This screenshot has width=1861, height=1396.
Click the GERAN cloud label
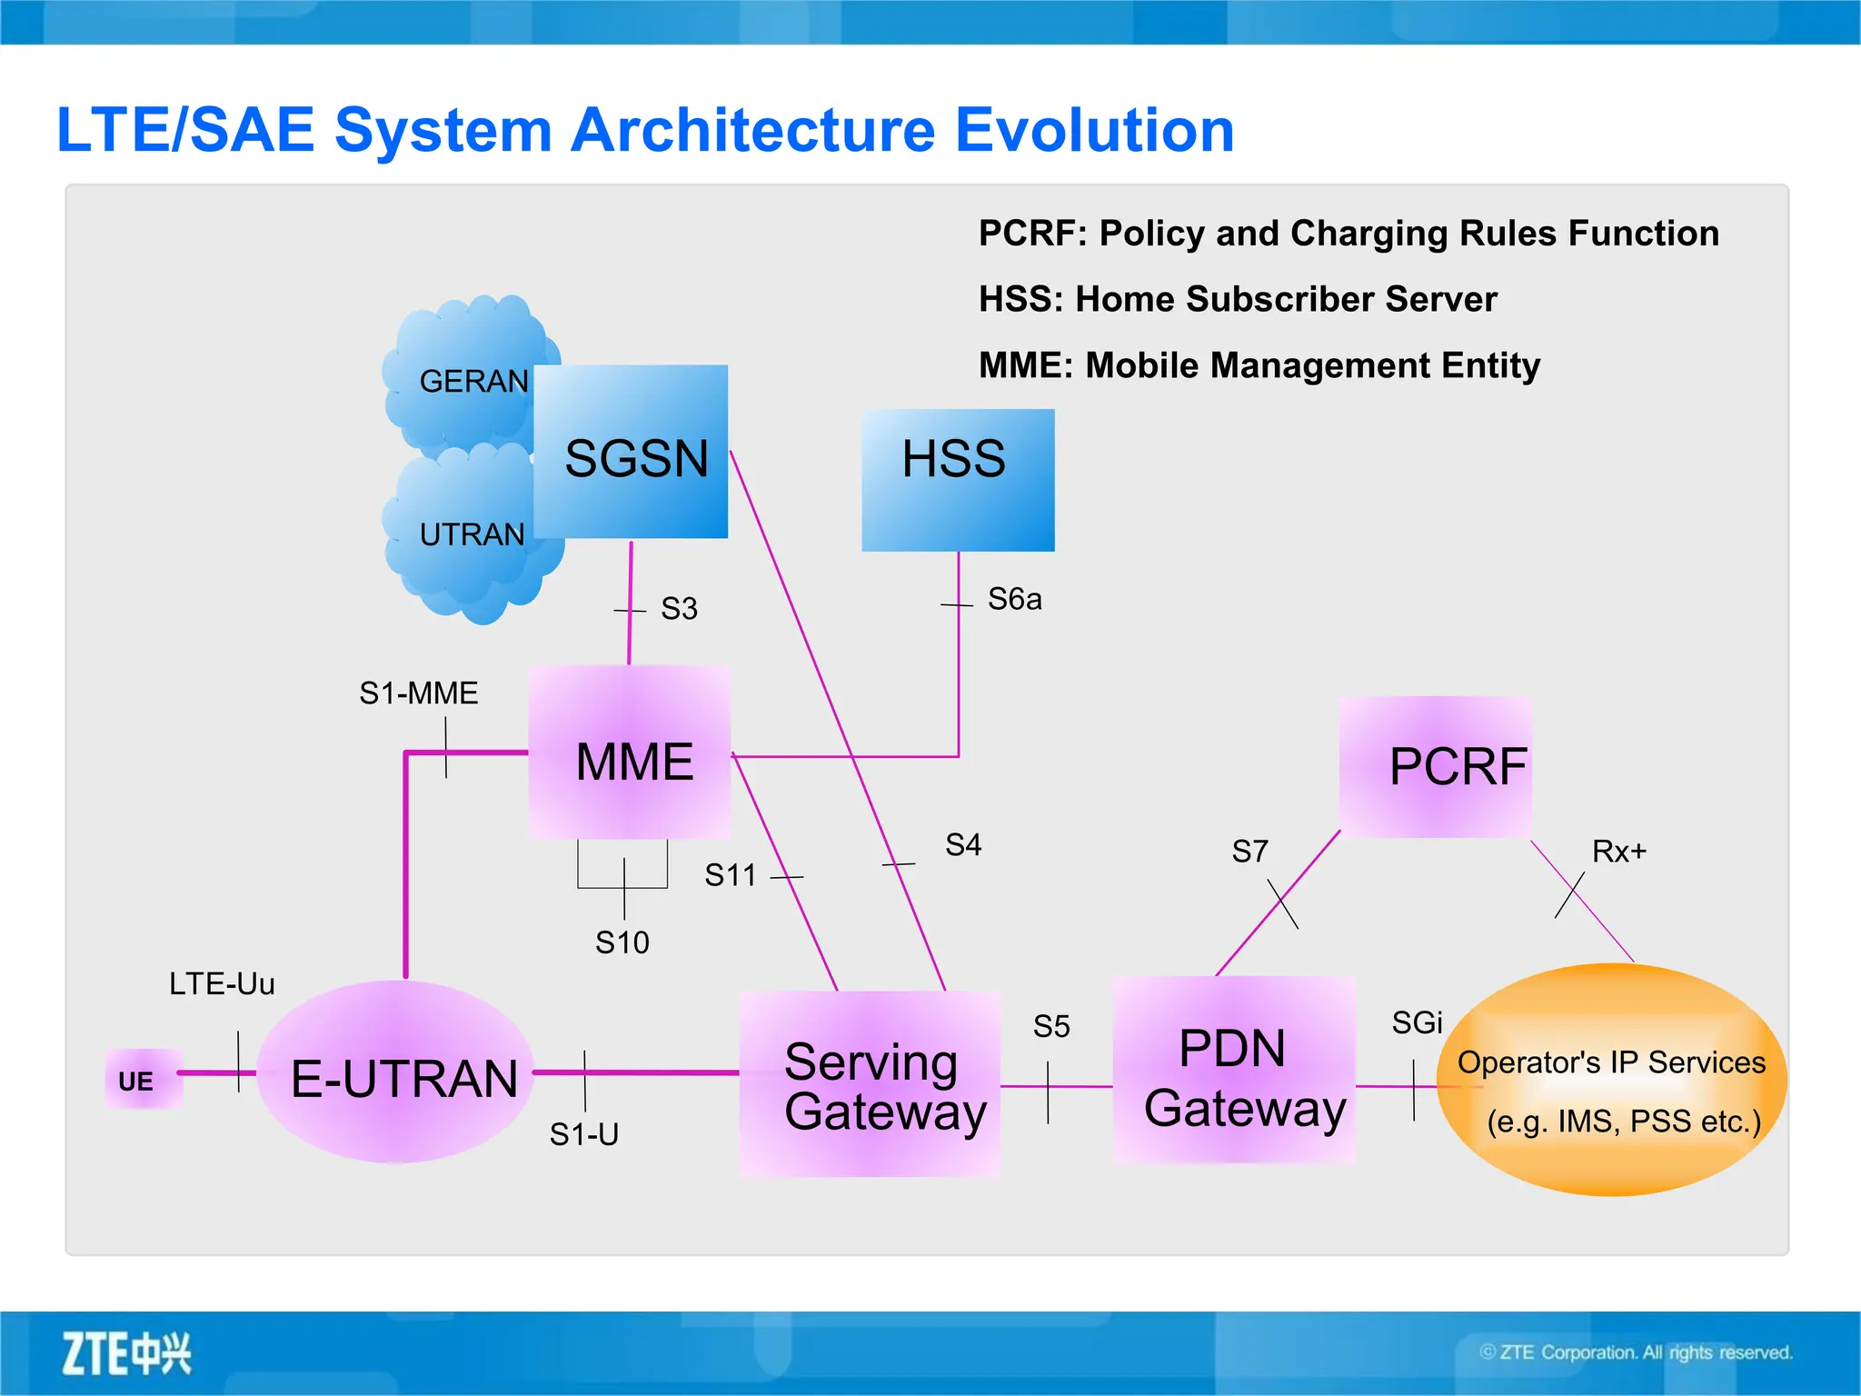click(473, 382)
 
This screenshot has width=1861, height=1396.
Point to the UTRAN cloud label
click(472, 534)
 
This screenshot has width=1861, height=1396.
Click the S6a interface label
click(1014, 600)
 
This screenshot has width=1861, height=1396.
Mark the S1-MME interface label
click(418, 693)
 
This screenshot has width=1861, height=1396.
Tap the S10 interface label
click(622, 942)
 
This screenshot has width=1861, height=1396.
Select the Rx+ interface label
click(1618, 852)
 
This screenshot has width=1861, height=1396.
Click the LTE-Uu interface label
click(222, 983)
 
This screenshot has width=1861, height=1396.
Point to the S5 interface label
click(1051, 1027)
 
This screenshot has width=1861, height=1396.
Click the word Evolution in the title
click(1094, 130)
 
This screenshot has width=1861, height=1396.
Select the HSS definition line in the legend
click(1237, 299)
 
